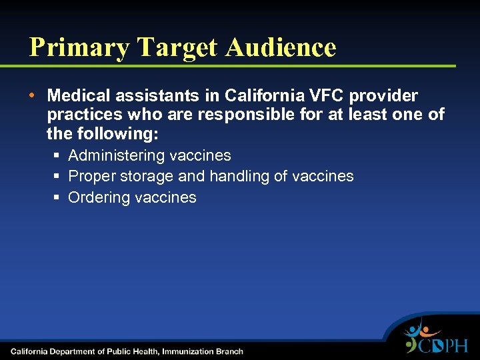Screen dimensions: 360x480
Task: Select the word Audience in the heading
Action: coord(281,47)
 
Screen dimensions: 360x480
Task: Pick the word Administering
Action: coord(117,156)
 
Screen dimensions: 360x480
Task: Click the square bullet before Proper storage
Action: coord(58,177)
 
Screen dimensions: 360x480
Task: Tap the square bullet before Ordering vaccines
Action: coord(58,197)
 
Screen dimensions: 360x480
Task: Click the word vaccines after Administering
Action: coord(201,156)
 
